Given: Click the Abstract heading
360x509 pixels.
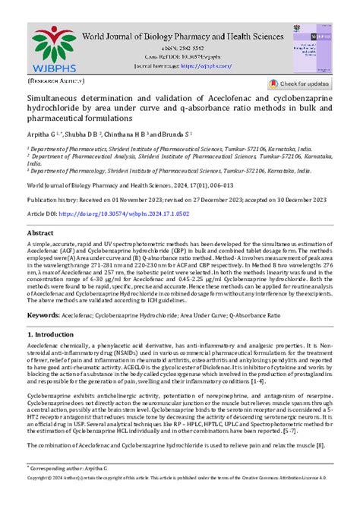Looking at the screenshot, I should (x=40, y=233).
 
